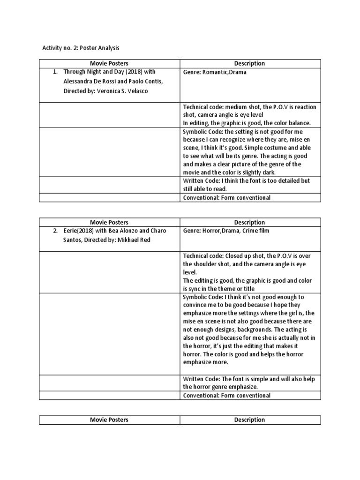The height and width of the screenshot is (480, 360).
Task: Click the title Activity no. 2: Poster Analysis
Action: pos(81,47)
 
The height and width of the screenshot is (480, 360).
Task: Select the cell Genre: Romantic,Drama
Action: pos(214,73)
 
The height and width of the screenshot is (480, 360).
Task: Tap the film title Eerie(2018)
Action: pos(78,231)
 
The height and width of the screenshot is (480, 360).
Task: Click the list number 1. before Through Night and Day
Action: pos(55,72)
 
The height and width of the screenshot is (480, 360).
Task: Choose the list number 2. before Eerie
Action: pos(55,231)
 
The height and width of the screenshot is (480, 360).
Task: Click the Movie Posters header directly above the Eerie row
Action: pos(109,222)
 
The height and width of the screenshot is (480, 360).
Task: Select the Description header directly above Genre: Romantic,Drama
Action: pos(250,63)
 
